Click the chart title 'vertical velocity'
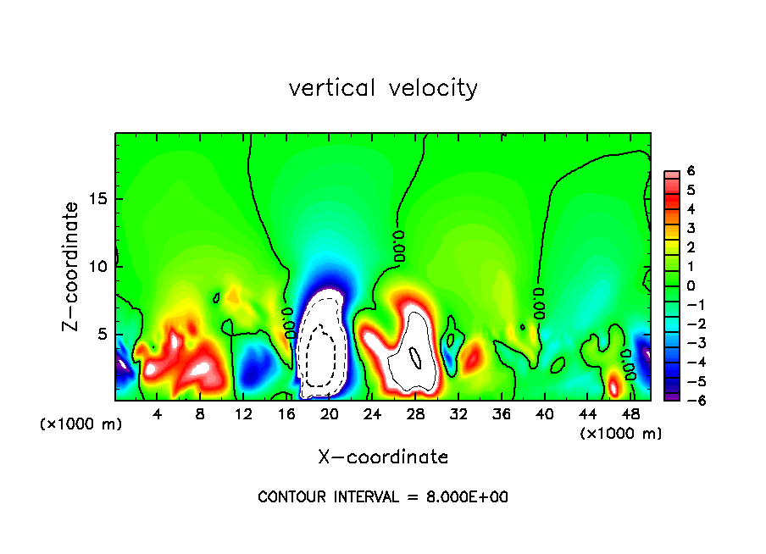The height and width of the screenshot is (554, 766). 383,88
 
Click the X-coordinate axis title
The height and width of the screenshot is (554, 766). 383,457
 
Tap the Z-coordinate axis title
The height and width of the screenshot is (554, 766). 71,266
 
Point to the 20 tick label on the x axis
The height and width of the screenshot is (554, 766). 330,414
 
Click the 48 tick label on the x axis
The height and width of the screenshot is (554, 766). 630,414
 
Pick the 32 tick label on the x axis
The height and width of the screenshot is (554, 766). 458,414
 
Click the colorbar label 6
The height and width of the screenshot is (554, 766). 691,170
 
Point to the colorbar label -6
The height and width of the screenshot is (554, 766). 688,400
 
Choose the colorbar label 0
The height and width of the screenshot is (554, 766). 691,285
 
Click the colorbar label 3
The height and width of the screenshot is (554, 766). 691,228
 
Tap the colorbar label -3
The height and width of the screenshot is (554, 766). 688,342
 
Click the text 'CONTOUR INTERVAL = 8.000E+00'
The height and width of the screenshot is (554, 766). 383,497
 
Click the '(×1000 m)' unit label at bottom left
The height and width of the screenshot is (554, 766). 81,424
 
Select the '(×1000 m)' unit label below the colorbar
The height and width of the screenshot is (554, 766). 621,434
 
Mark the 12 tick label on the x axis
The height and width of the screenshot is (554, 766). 243,414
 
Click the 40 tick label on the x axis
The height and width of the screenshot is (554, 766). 545,414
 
